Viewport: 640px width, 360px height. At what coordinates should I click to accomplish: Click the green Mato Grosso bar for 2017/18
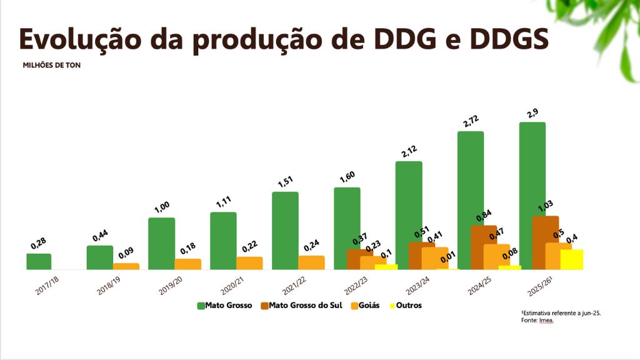39,261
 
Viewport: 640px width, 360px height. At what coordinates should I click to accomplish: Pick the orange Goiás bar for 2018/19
126,266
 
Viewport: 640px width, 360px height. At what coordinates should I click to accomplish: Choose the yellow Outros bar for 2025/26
572,259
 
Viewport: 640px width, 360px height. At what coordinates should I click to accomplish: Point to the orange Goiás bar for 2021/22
311,262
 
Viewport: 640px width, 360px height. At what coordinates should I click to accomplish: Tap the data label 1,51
285,181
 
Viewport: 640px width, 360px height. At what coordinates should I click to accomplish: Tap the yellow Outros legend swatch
393,306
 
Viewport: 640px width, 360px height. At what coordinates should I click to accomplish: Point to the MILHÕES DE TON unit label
52,65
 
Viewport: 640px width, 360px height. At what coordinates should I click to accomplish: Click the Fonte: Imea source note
537,321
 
